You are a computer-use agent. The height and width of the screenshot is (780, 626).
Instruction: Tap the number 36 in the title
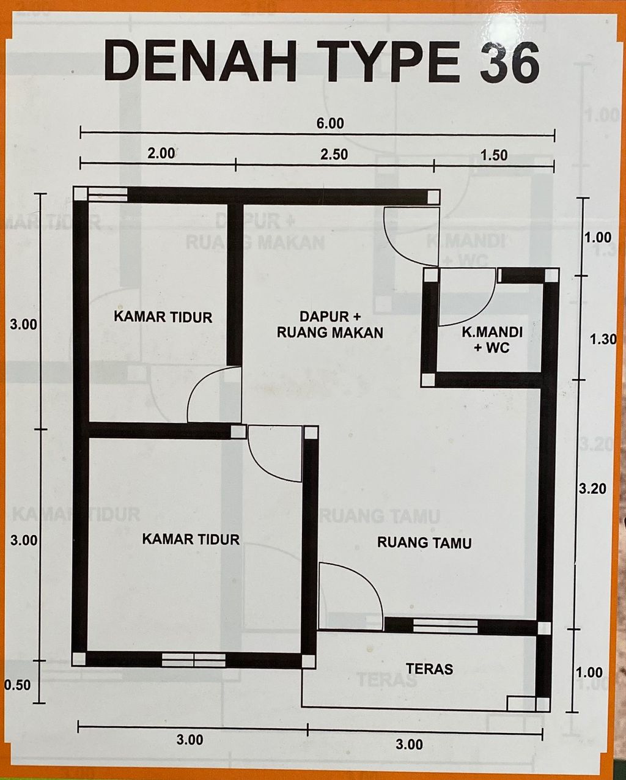tap(510, 62)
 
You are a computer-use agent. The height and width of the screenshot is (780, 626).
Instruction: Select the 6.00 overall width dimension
tap(330, 123)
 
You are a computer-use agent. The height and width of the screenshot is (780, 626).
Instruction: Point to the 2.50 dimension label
tap(334, 155)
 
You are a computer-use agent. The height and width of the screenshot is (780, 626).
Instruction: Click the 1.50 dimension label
tap(494, 155)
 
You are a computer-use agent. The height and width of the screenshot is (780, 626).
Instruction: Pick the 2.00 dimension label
tap(161, 153)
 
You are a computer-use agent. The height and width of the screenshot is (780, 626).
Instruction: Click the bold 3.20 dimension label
tap(592, 489)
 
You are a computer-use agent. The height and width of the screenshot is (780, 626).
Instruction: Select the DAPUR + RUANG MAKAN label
tap(330, 325)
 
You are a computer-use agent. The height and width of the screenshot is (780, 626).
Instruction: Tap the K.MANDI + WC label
tap(492, 340)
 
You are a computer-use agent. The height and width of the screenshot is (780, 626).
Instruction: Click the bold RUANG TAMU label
tap(424, 553)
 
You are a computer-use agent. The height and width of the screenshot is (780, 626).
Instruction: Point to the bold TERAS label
tap(430, 669)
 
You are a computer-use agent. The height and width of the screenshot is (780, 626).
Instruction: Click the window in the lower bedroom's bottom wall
tap(194, 660)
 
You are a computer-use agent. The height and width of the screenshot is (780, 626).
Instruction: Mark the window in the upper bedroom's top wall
tap(108, 194)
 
